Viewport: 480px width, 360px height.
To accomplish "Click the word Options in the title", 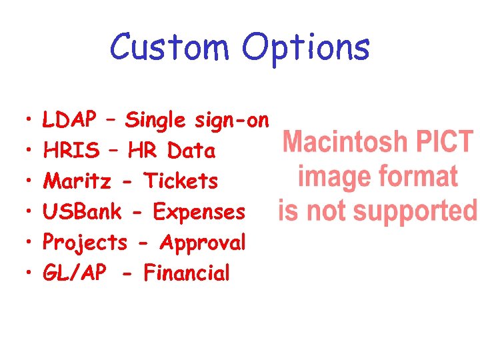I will [x=305, y=49].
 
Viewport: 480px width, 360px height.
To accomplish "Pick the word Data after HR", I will [x=191, y=151].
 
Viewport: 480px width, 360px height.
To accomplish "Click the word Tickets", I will [x=181, y=181].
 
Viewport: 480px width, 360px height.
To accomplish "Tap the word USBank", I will [x=82, y=212].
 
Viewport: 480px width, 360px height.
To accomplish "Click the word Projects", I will [x=85, y=243].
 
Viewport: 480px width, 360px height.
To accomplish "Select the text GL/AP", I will [x=74, y=273].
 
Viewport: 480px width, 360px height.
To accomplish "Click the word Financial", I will [x=187, y=273].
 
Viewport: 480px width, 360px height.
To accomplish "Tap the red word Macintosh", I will [x=345, y=143].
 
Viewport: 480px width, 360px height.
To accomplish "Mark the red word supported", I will [x=415, y=212].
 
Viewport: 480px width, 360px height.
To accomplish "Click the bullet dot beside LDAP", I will [x=22, y=121].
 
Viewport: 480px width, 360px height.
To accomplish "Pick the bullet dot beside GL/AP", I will [x=22, y=273].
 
